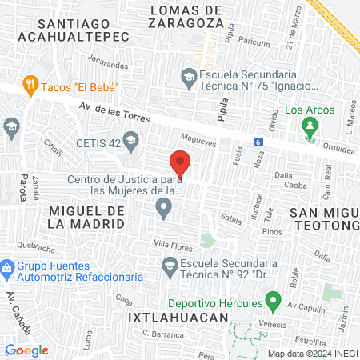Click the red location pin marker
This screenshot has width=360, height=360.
click(181, 163)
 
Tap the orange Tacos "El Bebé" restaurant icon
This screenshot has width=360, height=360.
click(31, 84)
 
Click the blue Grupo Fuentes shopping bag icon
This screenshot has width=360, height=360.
click(7, 266)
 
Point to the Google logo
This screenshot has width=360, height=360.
click(26, 350)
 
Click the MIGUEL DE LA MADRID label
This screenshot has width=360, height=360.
click(87, 217)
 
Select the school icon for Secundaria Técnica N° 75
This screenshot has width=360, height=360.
click(189, 78)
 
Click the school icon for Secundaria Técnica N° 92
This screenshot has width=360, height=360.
click(170, 265)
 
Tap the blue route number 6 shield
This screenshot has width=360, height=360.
click(258, 142)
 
